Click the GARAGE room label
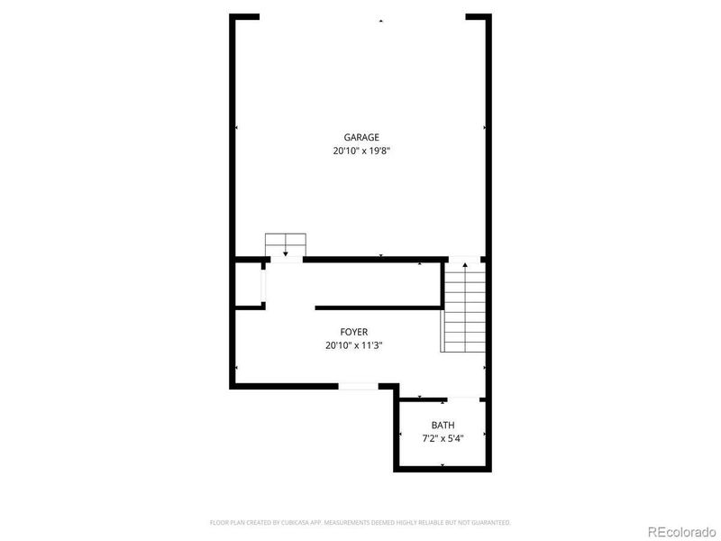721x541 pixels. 360,137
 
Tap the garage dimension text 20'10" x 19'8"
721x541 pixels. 360,151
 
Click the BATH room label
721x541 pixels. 443,425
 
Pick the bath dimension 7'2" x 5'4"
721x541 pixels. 443,438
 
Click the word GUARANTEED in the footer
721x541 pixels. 490,522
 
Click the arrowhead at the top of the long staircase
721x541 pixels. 465,265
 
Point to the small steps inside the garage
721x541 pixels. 286,244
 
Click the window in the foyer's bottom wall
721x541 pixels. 358,387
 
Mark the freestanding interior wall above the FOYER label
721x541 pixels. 379,307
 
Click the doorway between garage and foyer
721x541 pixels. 286,260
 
